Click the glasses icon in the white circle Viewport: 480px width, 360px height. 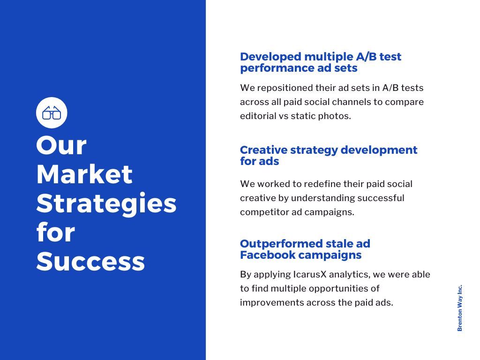[52, 113]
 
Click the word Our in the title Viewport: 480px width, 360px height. [61, 145]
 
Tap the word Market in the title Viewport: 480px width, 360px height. [84, 174]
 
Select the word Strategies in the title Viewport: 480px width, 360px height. [106, 204]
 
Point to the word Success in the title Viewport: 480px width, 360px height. [90, 262]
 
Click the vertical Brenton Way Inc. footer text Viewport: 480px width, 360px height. [460, 308]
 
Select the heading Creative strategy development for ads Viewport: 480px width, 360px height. [328, 156]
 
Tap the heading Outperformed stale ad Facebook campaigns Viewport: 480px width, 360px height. [305, 249]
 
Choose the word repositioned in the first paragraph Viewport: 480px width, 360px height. [281, 88]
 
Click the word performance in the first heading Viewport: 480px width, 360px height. [272, 68]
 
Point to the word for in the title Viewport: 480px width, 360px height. [55, 232]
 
